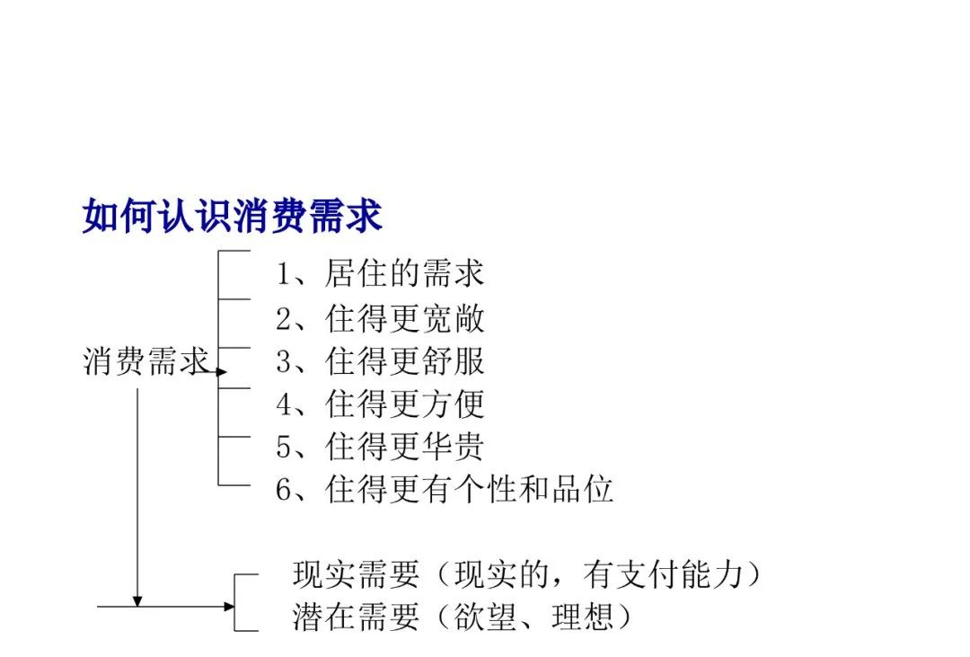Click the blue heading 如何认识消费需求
232,216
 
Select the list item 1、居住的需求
380,274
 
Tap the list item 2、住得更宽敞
380,319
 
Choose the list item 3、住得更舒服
380,361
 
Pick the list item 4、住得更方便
380,404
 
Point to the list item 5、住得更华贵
380,447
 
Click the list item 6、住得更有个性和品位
445,489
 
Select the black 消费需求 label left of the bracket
145,361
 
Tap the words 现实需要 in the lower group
356,574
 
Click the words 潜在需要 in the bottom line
356,617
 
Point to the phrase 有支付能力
663,574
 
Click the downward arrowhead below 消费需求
137,602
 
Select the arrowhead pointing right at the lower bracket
230,607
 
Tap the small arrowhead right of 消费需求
222,372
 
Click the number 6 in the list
283,490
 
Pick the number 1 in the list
283,274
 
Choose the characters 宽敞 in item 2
453,319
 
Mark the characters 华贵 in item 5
453,447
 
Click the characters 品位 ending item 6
582,489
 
